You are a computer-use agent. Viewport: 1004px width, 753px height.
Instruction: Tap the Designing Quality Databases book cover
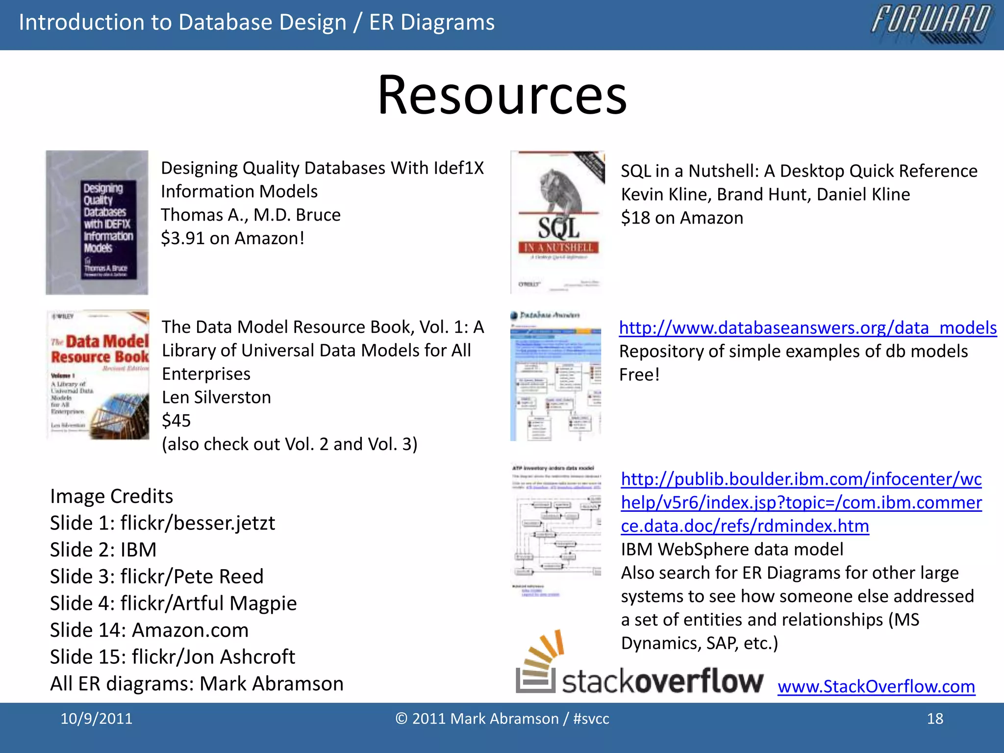coord(97,223)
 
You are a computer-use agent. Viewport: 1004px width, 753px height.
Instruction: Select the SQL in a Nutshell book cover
coord(558,223)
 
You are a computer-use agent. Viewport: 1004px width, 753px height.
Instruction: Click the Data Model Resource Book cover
coord(98,375)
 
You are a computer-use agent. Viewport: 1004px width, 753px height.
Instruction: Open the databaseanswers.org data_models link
coord(807,327)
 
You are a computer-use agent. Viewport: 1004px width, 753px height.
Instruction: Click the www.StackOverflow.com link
coord(876,686)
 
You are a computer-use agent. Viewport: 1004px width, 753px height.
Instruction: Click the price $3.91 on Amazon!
coord(232,238)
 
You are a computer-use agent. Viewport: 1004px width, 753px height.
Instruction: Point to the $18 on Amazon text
coord(681,218)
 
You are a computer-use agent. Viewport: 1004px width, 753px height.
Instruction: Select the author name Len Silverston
coord(216,397)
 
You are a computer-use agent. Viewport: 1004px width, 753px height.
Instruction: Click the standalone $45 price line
coord(176,421)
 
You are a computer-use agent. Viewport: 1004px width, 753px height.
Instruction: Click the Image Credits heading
coord(111,496)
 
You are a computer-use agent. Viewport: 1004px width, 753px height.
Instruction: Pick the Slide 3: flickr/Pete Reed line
coord(156,577)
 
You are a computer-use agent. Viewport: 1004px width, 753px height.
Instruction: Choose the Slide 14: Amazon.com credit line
coord(149,630)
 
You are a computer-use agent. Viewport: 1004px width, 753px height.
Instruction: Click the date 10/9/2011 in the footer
coord(96,719)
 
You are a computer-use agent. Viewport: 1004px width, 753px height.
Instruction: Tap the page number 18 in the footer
coord(935,719)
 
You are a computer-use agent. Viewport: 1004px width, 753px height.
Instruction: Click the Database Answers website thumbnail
coord(555,376)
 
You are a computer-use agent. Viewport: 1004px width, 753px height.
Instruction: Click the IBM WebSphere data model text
coord(732,549)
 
